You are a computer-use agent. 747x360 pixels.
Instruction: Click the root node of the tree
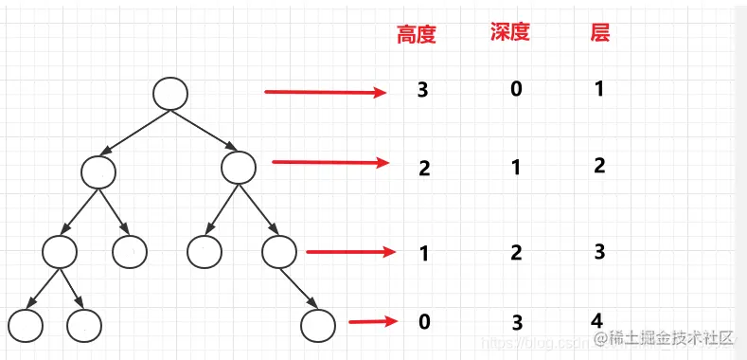(170, 92)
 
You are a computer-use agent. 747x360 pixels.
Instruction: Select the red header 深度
(509, 32)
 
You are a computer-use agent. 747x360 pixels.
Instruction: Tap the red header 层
(599, 33)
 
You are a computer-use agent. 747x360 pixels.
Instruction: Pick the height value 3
(423, 91)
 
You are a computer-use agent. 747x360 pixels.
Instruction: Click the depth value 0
(516, 91)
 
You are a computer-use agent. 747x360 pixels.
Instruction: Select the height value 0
(423, 321)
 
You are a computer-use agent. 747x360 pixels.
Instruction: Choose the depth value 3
(517, 322)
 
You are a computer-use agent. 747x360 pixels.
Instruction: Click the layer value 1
(599, 89)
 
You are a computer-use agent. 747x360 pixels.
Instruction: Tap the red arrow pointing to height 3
(325, 92)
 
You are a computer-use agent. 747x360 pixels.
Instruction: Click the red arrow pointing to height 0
(371, 322)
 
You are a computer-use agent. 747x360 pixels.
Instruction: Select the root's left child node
(98, 171)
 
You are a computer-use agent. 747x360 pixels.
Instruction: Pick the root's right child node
(239, 169)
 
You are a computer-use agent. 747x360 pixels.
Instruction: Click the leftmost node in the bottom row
(26, 325)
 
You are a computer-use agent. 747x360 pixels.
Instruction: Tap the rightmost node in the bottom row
(318, 325)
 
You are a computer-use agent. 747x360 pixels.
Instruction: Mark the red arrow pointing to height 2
(330, 162)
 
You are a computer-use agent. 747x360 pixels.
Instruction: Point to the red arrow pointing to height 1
(350, 252)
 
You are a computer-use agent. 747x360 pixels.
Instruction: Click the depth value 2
(516, 252)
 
